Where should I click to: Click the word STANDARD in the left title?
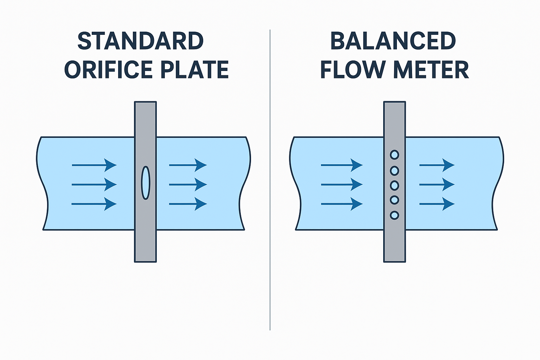[140, 41]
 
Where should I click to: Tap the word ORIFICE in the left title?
[108, 70]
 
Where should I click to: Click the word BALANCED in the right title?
[393, 41]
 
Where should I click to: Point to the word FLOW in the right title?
[353, 70]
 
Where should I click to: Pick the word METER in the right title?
[431, 70]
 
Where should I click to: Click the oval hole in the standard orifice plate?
[146, 183]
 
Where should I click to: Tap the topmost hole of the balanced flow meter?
[394, 155]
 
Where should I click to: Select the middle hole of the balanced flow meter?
[394, 185]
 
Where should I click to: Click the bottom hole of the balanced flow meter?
[394, 215]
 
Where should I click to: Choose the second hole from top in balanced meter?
[394, 171]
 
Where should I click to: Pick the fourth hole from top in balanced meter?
[394, 200]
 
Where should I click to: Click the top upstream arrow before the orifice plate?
[94, 165]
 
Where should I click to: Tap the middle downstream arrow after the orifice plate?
[188, 185]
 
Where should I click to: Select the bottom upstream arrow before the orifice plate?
[94, 204]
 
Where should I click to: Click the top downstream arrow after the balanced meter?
[437, 165]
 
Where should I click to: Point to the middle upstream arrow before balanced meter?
[341, 185]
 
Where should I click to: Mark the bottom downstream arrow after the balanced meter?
[437, 204]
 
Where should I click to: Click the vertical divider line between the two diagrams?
[270, 179]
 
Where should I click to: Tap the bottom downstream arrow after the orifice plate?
[188, 204]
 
